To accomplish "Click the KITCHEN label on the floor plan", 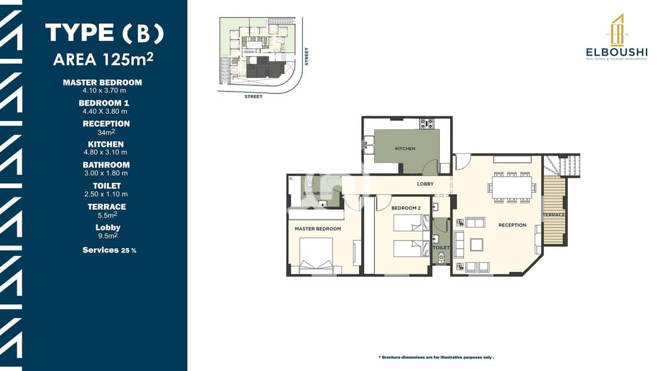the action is click(x=405, y=148).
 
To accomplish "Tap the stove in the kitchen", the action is click(x=426, y=124).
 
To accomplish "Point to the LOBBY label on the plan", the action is click(x=425, y=184).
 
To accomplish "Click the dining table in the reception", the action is click(x=512, y=187).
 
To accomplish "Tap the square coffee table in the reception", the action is click(x=476, y=244).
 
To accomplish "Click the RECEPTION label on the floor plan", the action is click(x=512, y=225).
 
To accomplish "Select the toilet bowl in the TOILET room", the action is click(x=441, y=258).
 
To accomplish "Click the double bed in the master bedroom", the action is click(x=316, y=256).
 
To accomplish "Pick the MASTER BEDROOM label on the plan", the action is click(x=318, y=229).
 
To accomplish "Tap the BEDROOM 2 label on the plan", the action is click(x=406, y=208).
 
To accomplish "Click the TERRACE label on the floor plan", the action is click(x=554, y=215).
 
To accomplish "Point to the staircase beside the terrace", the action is click(x=561, y=166).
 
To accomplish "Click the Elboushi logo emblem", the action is click(x=617, y=30).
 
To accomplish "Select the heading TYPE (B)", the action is click(x=104, y=33).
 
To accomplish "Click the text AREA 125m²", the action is click(x=103, y=59).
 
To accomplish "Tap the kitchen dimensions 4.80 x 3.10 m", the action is click(x=106, y=152).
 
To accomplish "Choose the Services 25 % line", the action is click(x=109, y=250).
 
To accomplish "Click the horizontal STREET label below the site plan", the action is click(x=253, y=96).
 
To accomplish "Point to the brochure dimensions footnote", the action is click(x=436, y=357).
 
